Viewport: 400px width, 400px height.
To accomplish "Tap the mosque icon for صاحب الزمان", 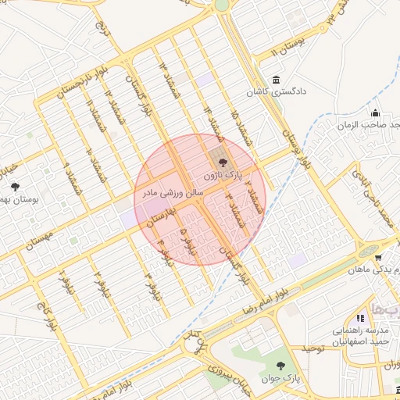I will click(375, 112).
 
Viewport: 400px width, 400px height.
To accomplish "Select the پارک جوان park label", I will click(286, 378).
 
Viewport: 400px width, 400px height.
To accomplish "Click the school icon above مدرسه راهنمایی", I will click(360, 319).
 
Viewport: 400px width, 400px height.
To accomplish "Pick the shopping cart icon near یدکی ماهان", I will click(378, 257).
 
